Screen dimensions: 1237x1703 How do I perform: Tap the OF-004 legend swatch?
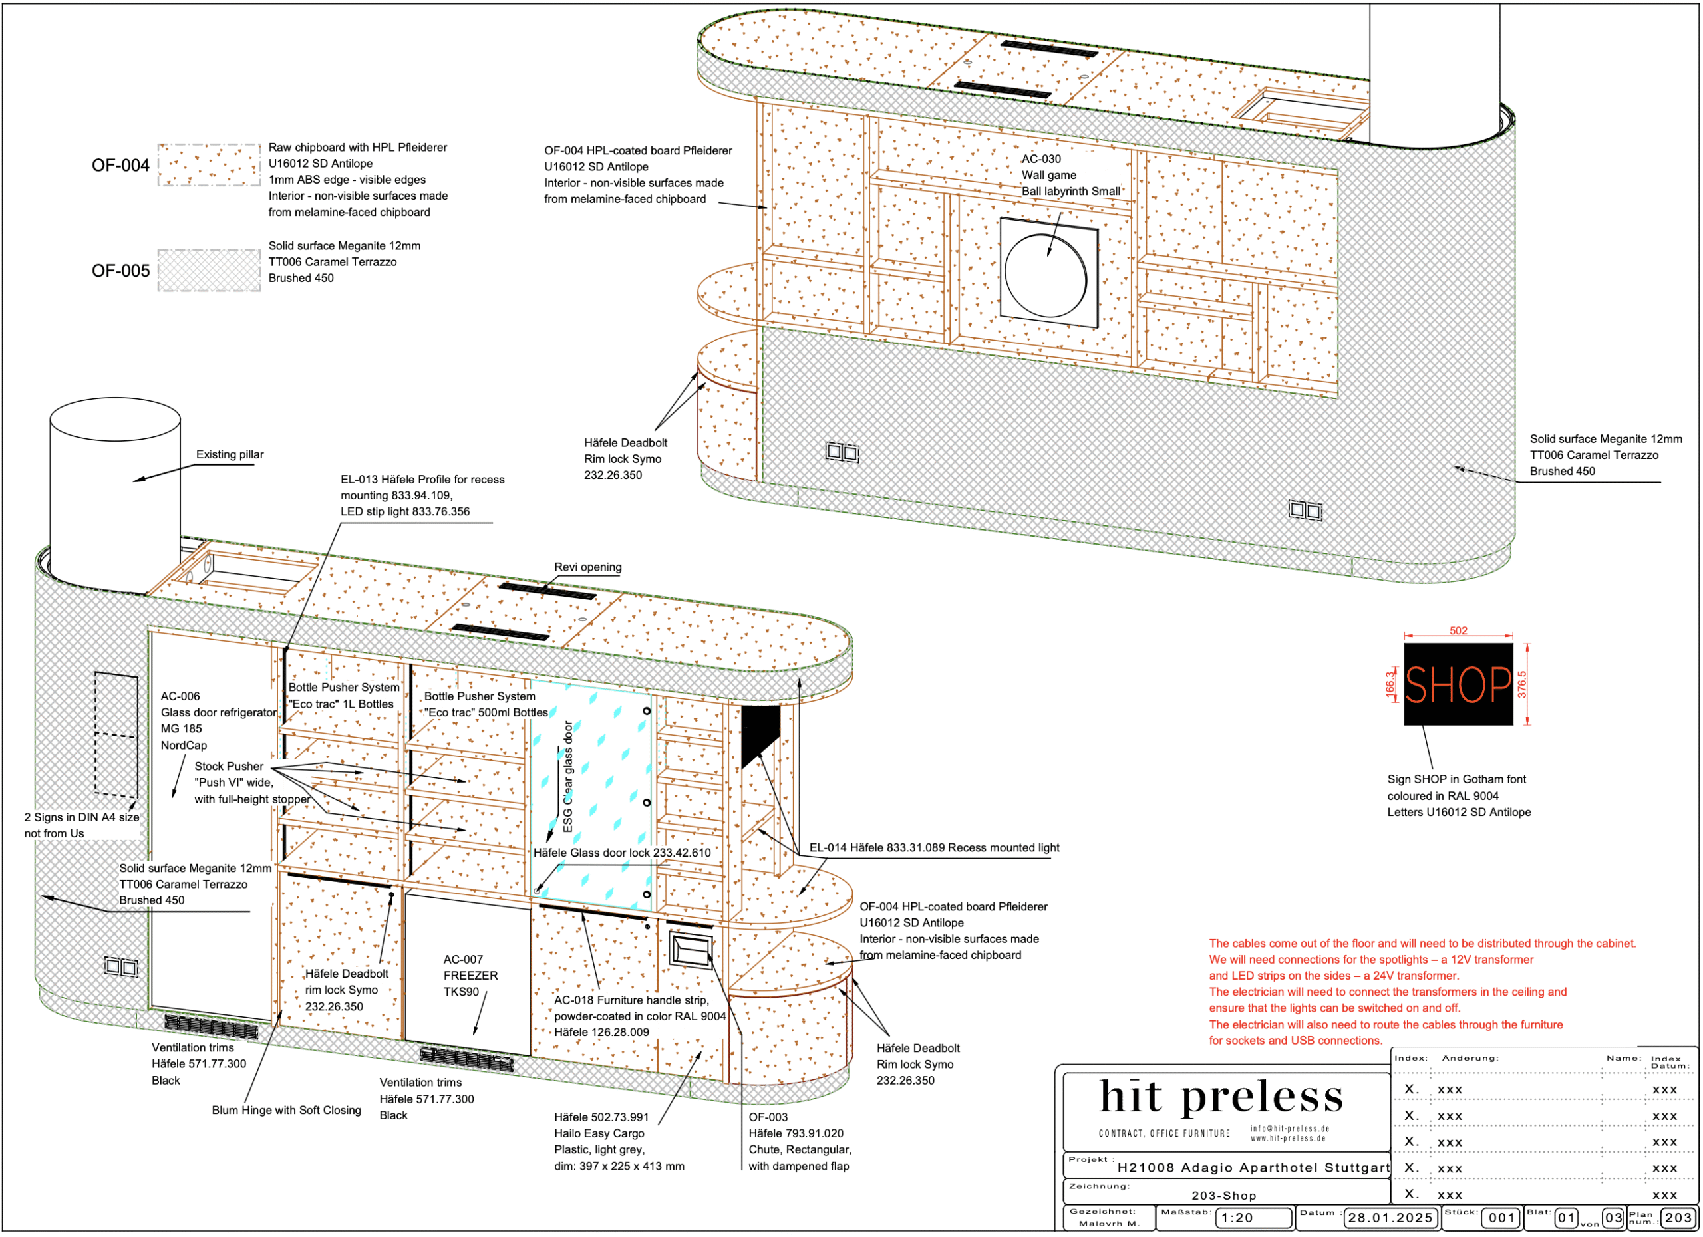(209, 164)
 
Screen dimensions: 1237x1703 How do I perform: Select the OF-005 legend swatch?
(209, 270)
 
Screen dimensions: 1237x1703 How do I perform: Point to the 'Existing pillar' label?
(230, 455)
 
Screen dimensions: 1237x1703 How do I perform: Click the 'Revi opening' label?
(587, 567)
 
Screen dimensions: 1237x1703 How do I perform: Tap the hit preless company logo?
(1221, 1097)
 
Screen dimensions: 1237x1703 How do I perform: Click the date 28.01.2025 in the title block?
(1389, 1218)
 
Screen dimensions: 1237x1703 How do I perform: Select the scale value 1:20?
(1237, 1218)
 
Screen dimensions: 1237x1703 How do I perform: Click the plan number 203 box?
(1678, 1218)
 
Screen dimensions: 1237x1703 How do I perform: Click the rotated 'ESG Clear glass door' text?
(568, 776)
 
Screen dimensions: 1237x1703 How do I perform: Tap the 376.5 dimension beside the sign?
(1522, 684)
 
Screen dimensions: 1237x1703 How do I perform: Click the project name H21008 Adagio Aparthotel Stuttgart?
(1253, 1168)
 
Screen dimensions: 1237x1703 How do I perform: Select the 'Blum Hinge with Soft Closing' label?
(286, 1110)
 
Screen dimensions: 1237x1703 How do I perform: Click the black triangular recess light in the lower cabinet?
(759, 734)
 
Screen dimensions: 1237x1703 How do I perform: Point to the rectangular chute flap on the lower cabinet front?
(691, 950)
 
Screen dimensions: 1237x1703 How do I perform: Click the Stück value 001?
(1501, 1218)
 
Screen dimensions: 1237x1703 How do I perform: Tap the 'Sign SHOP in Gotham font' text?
(1456, 780)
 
